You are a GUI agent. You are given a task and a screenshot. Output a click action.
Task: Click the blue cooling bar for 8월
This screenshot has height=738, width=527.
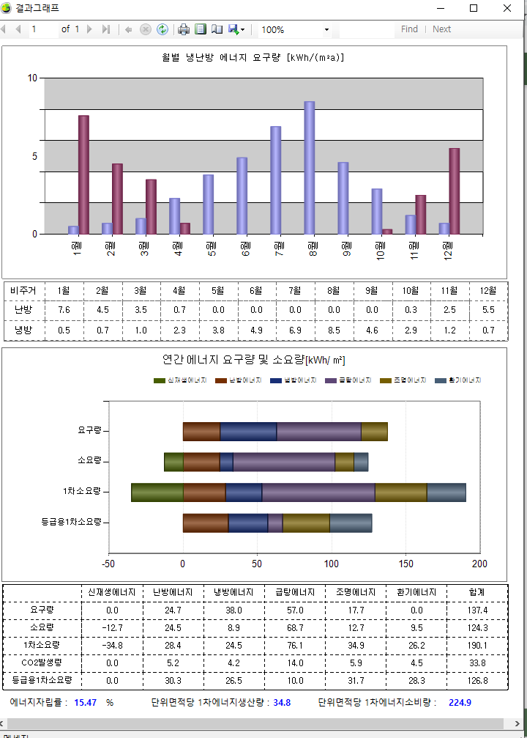(310, 168)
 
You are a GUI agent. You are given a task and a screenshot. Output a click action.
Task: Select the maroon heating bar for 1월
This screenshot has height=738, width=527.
(83, 175)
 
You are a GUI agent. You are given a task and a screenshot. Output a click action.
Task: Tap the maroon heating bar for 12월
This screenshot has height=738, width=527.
(454, 191)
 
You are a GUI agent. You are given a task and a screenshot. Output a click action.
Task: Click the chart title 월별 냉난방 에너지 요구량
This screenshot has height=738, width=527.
(253, 57)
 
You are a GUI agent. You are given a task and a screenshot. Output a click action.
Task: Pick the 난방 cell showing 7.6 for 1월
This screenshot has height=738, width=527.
(64, 310)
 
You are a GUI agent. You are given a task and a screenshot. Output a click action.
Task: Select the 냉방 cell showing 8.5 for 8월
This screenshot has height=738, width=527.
(334, 331)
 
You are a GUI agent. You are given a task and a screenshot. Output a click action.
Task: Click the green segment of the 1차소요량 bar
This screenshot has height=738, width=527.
(157, 492)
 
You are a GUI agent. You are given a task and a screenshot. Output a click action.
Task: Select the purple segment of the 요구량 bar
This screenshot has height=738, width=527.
(319, 432)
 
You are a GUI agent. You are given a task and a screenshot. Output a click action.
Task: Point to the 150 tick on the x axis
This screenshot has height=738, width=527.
(405, 564)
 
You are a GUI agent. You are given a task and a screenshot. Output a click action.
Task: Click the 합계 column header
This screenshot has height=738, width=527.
(476, 592)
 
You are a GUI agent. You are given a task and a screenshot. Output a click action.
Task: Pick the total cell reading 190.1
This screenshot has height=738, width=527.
(476, 645)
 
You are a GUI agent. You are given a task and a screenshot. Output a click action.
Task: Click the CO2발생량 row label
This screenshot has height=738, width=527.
(42, 663)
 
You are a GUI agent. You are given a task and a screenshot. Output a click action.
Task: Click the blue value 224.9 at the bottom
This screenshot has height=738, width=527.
(460, 702)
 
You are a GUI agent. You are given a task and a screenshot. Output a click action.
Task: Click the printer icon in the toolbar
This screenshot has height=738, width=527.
(184, 29)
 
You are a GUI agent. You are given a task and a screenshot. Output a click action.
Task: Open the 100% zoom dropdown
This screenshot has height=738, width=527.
(326, 30)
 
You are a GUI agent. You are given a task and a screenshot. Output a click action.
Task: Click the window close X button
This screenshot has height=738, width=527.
(507, 8)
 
